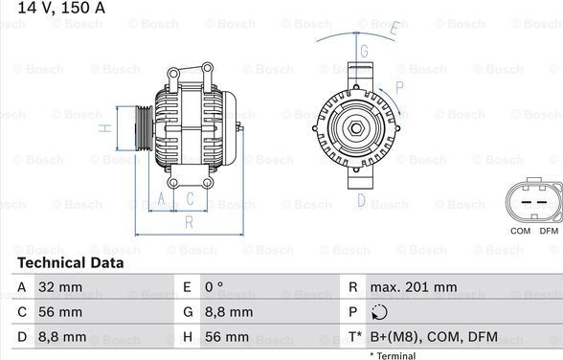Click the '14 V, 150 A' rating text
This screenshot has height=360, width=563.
(61, 8)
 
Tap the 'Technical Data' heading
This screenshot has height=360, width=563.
(71, 262)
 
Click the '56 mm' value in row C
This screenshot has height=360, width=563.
(60, 312)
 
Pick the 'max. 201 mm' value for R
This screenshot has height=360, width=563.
(414, 287)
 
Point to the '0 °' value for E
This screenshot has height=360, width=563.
(214, 287)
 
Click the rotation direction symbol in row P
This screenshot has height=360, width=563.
(379, 312)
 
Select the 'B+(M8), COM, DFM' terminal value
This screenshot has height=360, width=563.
(434, 337)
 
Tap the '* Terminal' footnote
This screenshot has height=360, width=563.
(393, 356)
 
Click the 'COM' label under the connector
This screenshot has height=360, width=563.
(520, 231)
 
